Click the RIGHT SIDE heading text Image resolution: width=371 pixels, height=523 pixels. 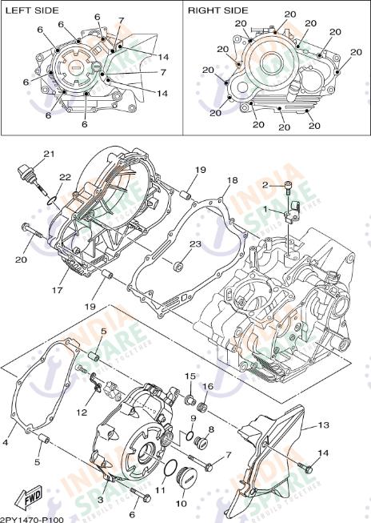click(x=217, y=10)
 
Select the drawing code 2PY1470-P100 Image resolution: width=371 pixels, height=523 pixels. click(x=31, y=517)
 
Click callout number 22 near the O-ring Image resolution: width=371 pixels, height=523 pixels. click(x=65, y=178)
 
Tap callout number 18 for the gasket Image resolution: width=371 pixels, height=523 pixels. click(x=233, y=180)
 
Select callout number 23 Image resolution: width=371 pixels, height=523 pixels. click(x=195, y=243)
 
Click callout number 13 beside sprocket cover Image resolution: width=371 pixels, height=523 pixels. click(x=323, y=425)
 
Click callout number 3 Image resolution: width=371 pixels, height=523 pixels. click(x=101, y=499)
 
